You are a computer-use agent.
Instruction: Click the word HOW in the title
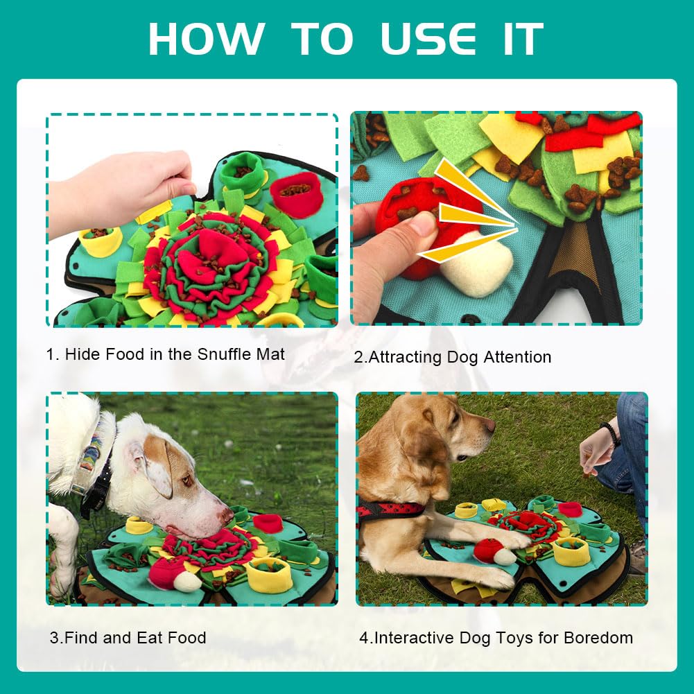coord(206,39)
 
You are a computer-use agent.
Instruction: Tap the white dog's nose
coord(227,514)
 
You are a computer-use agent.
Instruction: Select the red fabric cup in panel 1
coord(296,194)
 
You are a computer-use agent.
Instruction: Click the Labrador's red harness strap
coord(390,509)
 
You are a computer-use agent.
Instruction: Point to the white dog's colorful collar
coord(89,456)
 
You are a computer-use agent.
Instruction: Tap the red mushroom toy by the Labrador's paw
coord(488,550)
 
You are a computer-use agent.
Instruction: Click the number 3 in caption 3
coord(54,638)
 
